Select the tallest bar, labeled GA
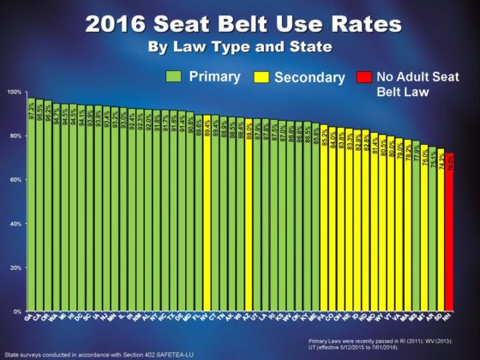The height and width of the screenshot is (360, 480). point(32,206)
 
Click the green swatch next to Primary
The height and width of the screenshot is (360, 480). point(173,76)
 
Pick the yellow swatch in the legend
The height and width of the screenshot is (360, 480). point(262,76)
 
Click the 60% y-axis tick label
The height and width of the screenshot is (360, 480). point(15,180)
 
